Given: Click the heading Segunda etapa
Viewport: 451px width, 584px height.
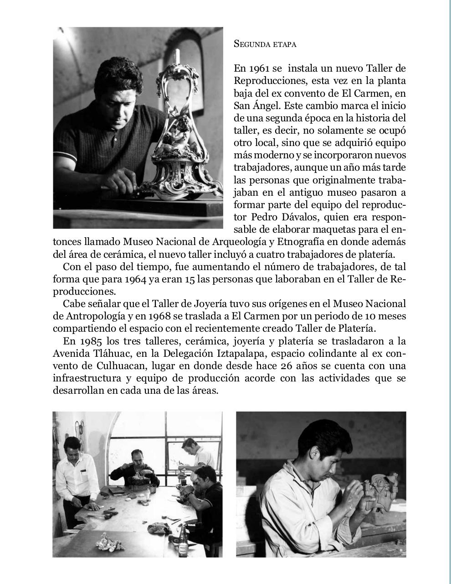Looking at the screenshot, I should coord(265,44).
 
